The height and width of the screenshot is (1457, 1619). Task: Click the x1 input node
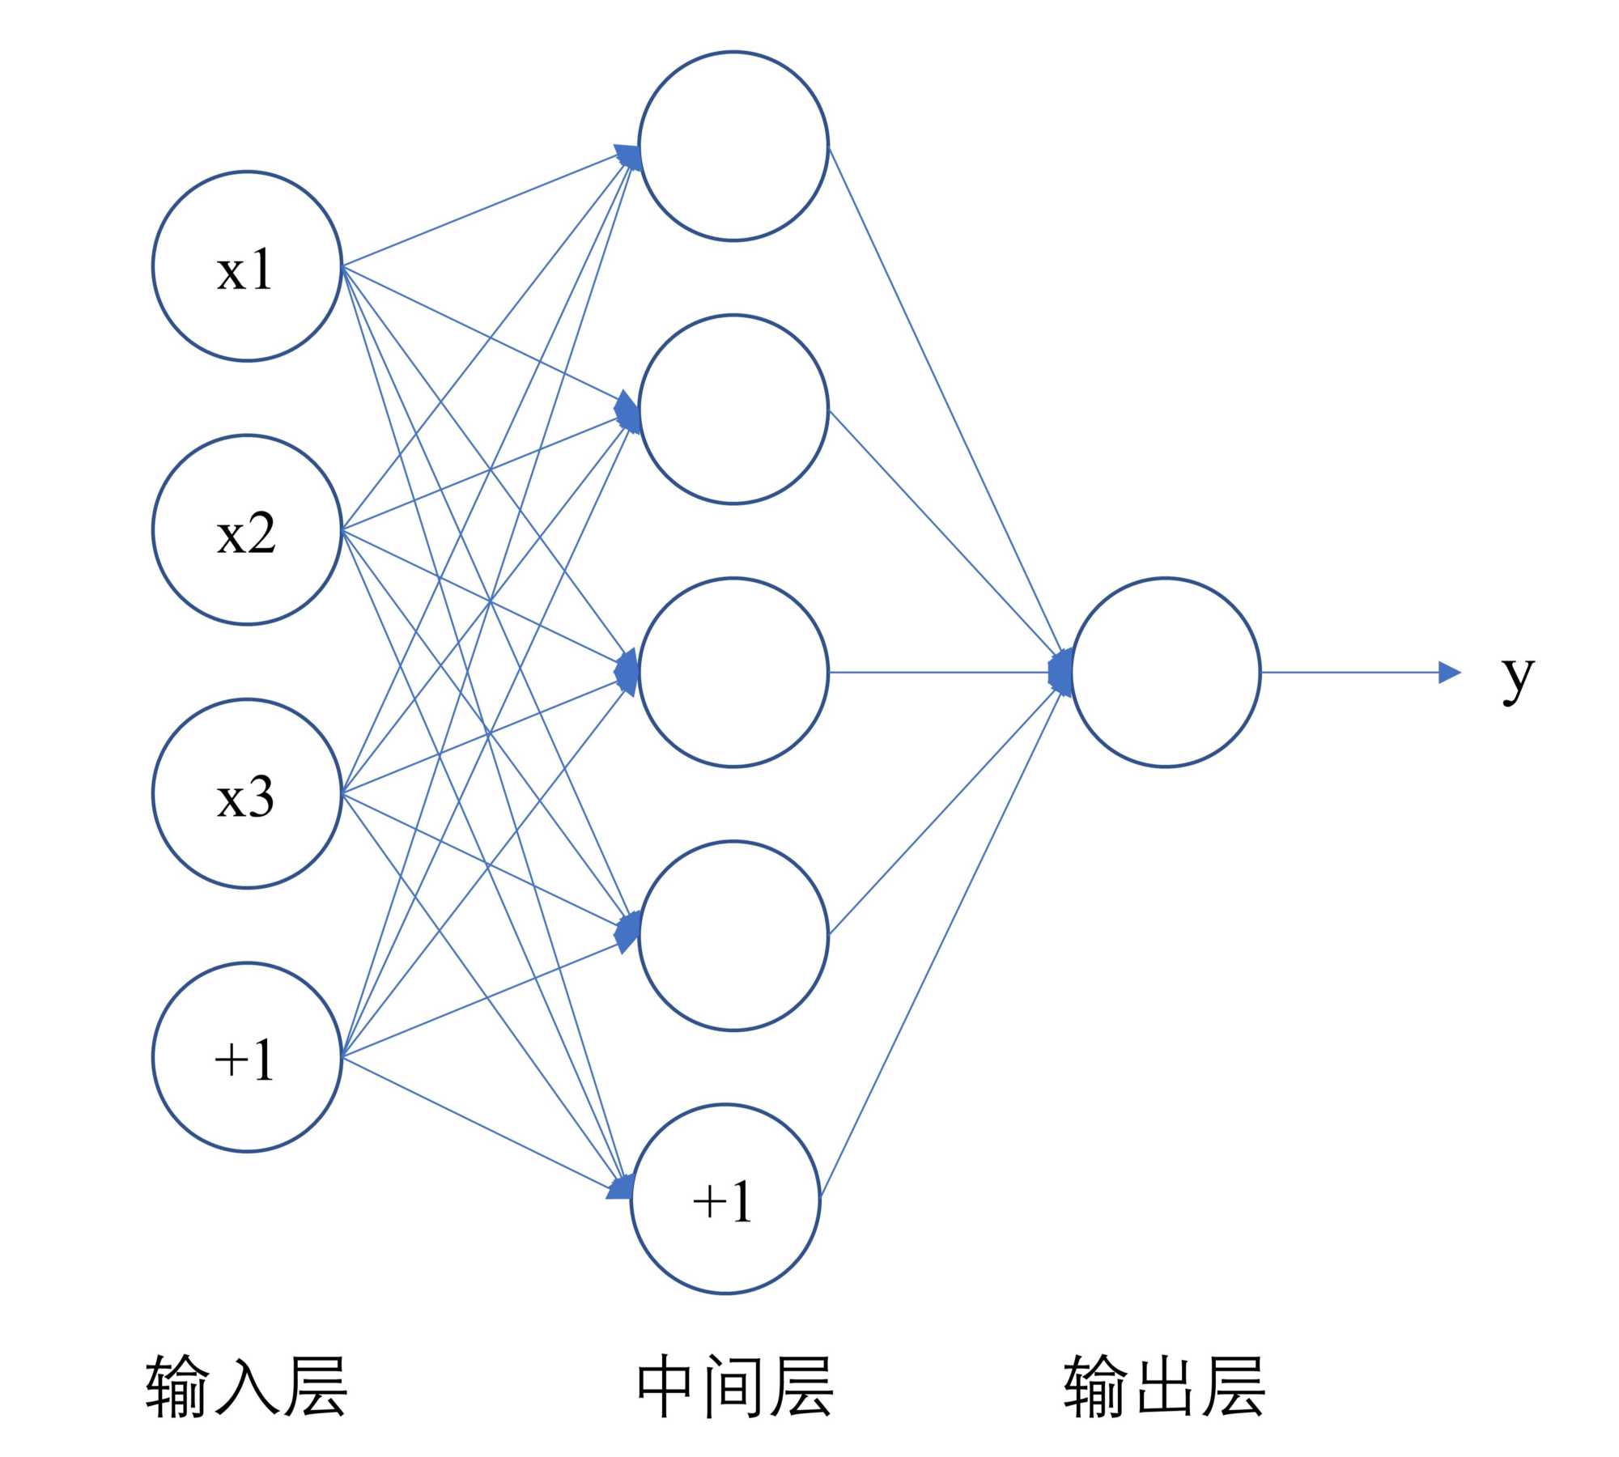[247, 266]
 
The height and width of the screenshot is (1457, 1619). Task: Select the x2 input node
[247, 530]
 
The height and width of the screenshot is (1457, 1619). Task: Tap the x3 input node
[247, 794]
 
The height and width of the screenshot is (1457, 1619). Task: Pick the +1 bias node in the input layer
[247, 1057]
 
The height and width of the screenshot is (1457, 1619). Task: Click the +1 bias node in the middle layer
[725, 1199]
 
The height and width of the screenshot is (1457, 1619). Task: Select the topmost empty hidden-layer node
[733, 146]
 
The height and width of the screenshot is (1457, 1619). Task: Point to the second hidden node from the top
[733, 410]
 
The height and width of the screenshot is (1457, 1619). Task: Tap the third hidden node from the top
[733, 672]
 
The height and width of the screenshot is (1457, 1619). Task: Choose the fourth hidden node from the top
[733, 936]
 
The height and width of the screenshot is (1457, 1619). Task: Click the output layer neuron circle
[1166, 672]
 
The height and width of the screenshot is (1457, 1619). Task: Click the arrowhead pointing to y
[1448, 672]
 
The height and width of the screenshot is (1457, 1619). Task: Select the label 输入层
[247, 1386]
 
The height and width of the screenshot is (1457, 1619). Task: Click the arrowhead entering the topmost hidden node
[628, 156]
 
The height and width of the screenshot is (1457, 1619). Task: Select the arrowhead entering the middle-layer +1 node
[619, 1188]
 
